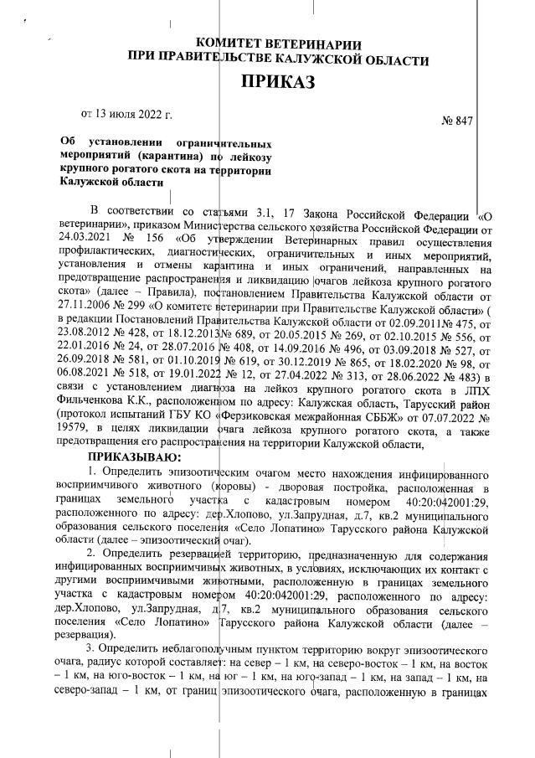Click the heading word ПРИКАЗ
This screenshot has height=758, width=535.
pos(282,82)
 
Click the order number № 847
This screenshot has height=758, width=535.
pos(456,121)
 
